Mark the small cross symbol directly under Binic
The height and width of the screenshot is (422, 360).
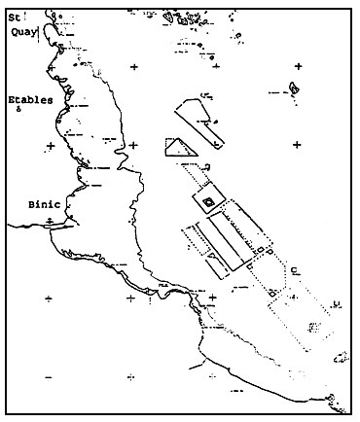pyautogui.click(x=49, y=223)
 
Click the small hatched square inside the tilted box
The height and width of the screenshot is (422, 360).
pyautogui.click(x=208, y=202)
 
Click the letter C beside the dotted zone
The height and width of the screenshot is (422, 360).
pyautogui.click(x=293, y=269)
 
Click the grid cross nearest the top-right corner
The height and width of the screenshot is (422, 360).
pyautogui.click(x=298, y=65)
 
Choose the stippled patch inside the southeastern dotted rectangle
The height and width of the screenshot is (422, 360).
pyautogui.click(x=312, y=326)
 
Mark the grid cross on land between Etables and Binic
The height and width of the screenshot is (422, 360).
pyautogui.click(x=49, y=146)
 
